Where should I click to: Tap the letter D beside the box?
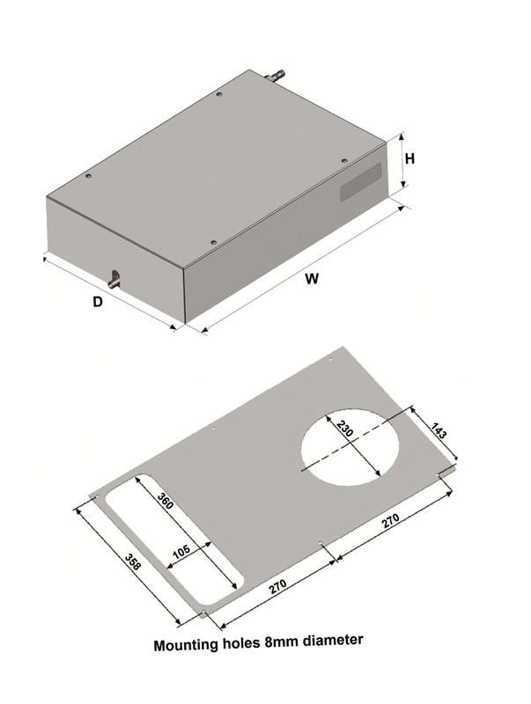99,301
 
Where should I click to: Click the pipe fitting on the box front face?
114,281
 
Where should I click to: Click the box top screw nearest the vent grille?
343,160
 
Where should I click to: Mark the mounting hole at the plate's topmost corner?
330,360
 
